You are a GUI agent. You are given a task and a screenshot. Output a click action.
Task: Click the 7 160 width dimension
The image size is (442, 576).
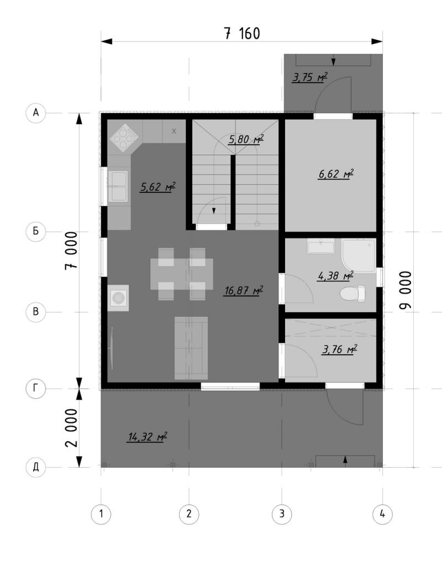coord(241,33)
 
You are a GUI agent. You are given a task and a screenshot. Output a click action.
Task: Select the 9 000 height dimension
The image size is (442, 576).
coord(405,290)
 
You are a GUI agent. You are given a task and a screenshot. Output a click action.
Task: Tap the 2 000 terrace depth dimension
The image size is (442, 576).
coord(71,428)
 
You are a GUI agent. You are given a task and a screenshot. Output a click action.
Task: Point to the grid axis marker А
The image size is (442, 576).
coord(35,112)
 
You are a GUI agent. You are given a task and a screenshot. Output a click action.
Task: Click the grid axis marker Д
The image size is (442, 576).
coord(35,467)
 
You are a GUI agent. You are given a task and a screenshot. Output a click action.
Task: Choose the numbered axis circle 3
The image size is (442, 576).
coord(282,514)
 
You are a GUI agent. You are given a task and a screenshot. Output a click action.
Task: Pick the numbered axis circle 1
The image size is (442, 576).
coord(101,514)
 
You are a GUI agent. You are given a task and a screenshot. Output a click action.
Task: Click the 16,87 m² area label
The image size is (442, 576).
coord(244,291)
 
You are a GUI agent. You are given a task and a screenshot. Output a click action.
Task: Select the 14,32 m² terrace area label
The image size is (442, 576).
coord(147,436)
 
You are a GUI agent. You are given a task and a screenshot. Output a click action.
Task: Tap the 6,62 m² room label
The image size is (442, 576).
coord(335,174)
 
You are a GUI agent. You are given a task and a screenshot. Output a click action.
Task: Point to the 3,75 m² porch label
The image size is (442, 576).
coord(309,77)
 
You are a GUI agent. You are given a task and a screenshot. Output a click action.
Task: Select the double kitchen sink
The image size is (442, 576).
coord(118,186)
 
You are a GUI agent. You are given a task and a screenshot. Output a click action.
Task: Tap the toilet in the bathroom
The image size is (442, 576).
coord(353,294)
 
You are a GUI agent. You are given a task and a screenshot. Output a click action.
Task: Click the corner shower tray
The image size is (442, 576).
coord(359,256)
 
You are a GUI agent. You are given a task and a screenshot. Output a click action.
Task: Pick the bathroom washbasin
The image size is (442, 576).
coord(321,246)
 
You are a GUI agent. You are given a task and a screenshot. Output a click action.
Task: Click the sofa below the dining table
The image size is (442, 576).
coord(191,348)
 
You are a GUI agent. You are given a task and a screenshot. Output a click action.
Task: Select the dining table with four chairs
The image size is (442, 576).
coord(182,274)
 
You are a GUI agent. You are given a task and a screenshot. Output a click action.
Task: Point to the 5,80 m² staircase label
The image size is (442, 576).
coord(246,140)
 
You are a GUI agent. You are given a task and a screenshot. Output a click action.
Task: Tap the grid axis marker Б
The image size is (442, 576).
coord(35,232)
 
